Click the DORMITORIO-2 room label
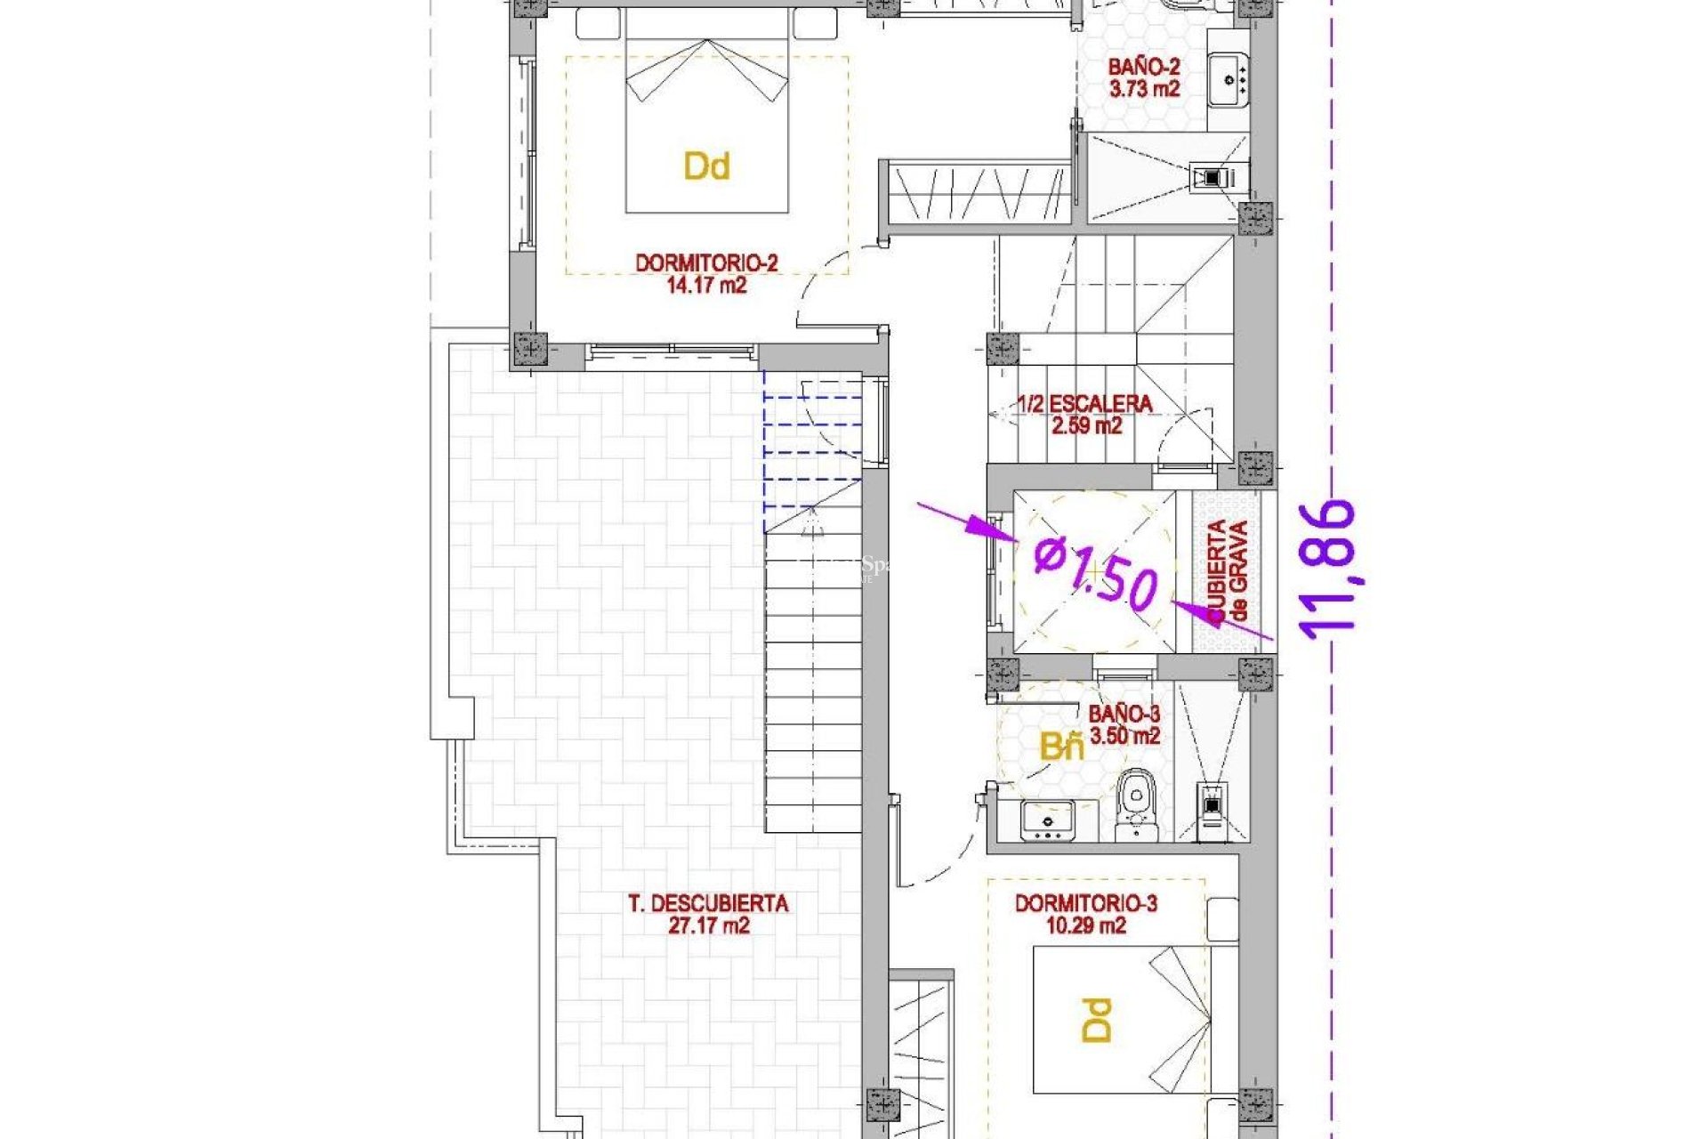(x=706, y=263)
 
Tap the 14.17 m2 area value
(x=706, y=286)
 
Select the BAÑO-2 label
(x=1143, y=67)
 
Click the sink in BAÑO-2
(x=1229, y=80)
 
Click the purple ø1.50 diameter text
(x=1096, y=574)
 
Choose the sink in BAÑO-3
(x=1048, y=820)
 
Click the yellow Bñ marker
(x=1062, y=747)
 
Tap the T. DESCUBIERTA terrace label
(x=708, y=904)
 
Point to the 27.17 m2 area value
(x=708, y=926)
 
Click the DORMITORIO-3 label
(x=1085, y=904)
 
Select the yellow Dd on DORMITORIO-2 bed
(x=706, y=166)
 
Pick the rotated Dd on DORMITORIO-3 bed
(x=1098, y=1020)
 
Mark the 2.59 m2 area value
(x=1086, y=426)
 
